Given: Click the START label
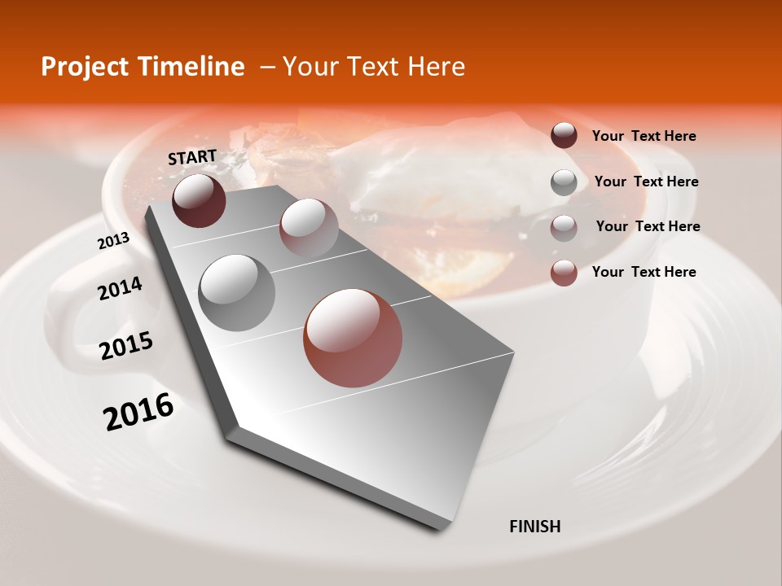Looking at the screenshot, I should [192, 157].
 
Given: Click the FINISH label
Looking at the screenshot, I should [534, 527].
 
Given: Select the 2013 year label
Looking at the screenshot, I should [113, 241].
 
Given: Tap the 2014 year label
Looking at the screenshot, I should [120, 288].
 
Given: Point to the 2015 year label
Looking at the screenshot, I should [126, 346].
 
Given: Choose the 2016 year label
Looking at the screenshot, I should [138, 411].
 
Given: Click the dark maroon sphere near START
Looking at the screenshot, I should [199, 200].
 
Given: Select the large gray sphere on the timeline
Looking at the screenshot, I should [237, 292].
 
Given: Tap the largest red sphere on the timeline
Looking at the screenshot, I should [353, 338].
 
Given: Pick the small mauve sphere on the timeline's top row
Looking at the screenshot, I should [309, 227].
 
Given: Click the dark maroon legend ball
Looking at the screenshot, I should [564, 136].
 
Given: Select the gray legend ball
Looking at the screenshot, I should [564, 182].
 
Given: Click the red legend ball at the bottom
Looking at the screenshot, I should [564, 273].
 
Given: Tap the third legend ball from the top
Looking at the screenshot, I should [564, 227].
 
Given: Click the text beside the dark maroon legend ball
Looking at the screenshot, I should [644, 136].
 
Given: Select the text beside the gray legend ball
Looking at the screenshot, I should [646, 181].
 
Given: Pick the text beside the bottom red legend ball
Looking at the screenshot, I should [644, 272].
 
